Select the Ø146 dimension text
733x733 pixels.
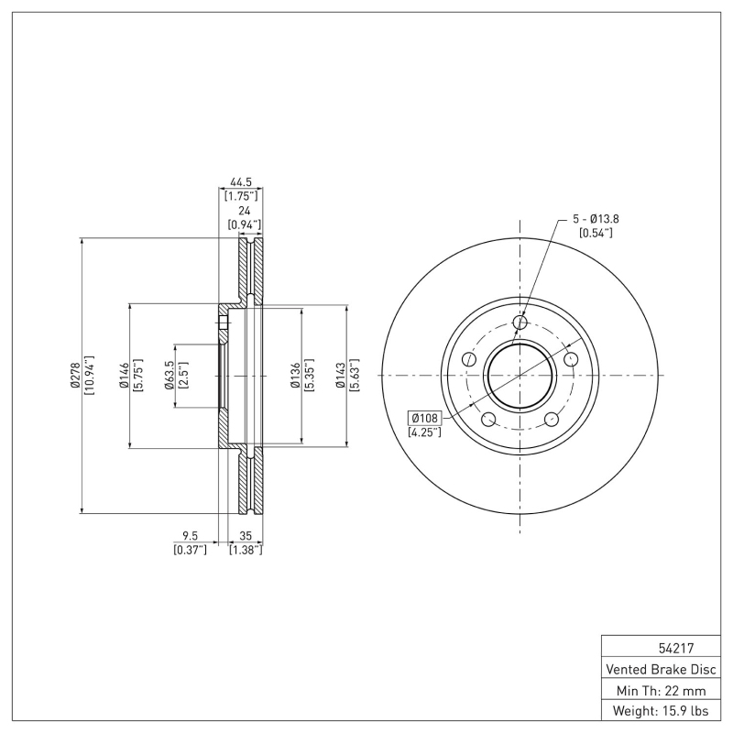(123, 376)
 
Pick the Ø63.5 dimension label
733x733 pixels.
(170, 376)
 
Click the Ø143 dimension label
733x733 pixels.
(340, 376)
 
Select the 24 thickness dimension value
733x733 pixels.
(244, 210)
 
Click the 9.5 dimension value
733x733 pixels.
(190, 536)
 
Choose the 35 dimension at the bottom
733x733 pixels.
(245, 536)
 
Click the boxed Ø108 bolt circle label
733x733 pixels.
(425, 418)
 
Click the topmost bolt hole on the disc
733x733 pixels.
(520, 322)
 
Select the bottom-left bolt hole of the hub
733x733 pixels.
(488, 420)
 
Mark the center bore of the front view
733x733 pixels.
(520, 376)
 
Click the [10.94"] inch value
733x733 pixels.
(90, 376)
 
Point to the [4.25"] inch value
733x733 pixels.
(425, 432)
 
